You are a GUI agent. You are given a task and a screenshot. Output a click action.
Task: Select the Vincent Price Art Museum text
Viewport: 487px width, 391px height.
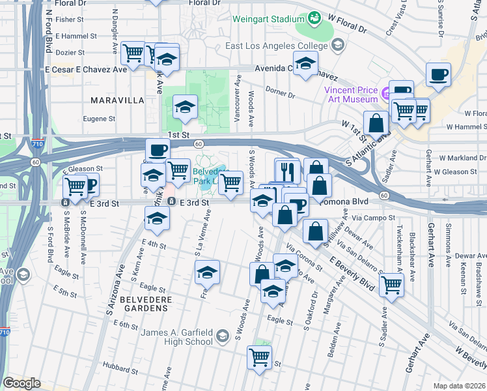point(352,95)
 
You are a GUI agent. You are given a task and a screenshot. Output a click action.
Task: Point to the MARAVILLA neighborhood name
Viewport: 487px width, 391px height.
point(117,100)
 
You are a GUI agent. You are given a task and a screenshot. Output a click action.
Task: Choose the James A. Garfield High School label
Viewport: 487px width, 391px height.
point(177,337)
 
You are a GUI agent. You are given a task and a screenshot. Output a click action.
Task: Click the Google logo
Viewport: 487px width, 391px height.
point(21,383)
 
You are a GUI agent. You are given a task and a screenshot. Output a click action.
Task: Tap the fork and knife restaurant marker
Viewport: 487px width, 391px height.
point(287,171)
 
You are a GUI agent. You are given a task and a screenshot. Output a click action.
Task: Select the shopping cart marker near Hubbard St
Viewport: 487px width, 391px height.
point(259,356)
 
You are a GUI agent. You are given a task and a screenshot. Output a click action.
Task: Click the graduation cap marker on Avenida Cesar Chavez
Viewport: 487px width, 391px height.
point(304,64)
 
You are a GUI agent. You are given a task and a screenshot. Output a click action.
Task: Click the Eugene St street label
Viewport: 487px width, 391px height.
point(100,119)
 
